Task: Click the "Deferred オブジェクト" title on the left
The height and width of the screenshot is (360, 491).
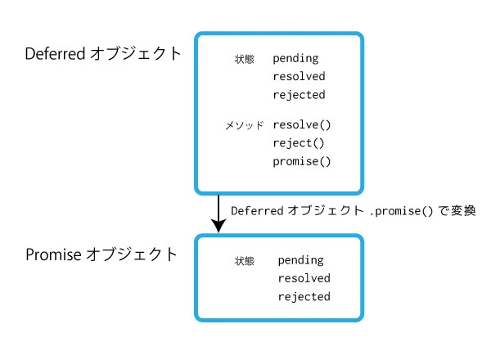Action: [x=103, y=54]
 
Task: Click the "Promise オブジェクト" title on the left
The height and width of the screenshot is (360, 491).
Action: [x=101, y=254]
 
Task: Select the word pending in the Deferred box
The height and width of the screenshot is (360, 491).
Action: [x=295, y=59]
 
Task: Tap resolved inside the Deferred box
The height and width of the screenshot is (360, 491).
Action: [x=299, y=77]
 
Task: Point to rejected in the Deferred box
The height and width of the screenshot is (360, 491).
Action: [x=299, y=95]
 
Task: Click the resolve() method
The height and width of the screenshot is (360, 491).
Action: [x=302, y=125]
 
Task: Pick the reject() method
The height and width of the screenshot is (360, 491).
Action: [x=299, y=143]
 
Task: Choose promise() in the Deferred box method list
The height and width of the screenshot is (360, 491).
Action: [x=302, y=161]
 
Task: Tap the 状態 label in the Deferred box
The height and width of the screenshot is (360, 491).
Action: [x=244, y=60]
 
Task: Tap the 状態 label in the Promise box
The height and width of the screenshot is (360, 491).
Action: [x=245, y=262]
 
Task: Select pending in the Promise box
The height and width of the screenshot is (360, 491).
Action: [x=300, y=261]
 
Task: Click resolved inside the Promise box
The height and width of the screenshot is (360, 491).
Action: [x=304, y=279]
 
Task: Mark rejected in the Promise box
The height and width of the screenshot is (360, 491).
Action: [x=304, y=297]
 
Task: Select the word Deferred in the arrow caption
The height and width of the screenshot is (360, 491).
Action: [x=257, y=210]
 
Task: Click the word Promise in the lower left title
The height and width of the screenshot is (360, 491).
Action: [x=53, y=254]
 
